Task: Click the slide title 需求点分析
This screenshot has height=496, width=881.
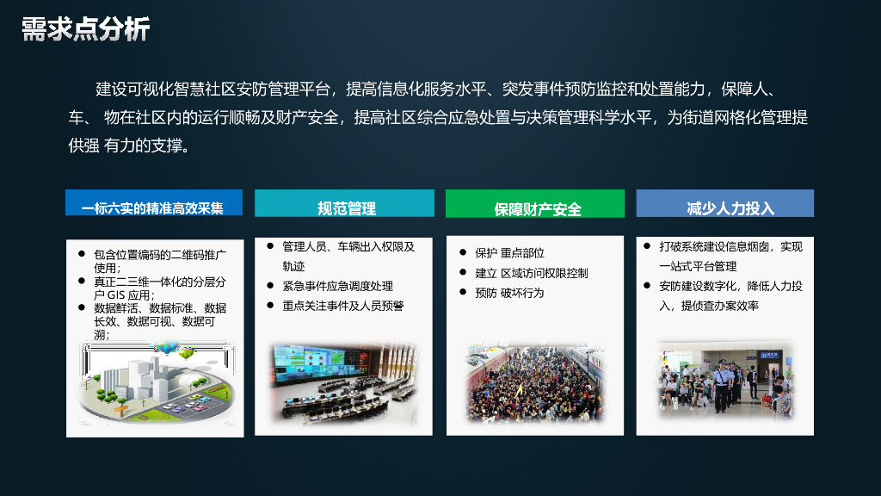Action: coord(86,28)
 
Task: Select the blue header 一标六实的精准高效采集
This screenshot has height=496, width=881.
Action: coord(153,208)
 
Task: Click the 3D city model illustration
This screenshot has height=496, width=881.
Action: coord(155,382)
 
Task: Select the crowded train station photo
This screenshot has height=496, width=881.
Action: coord(534,384)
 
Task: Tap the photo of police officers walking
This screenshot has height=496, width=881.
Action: coord(725,380)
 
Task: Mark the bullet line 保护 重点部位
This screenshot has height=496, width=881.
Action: coord(509,253)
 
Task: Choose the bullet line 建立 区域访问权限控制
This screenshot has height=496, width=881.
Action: coord(531,273)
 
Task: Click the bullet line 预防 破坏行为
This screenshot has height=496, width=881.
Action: coord(509,293)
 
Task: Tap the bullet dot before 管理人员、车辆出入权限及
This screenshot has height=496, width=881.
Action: coord(270,246)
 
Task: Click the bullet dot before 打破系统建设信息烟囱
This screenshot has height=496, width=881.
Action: coord(647,246)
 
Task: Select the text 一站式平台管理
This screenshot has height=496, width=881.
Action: coord(698,266)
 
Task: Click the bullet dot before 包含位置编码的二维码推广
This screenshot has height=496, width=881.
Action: coord(82,255)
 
